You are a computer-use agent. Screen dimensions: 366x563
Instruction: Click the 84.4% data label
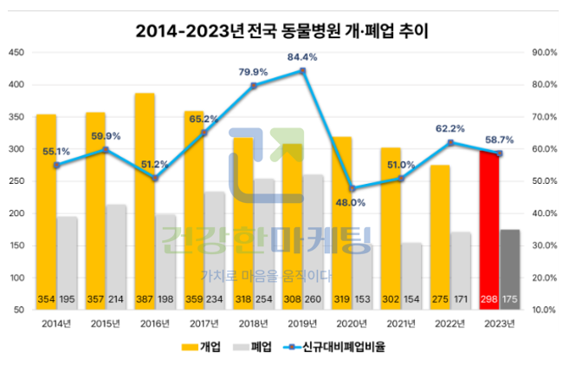point(302,57)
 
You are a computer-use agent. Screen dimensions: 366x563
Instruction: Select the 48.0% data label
point(350,202)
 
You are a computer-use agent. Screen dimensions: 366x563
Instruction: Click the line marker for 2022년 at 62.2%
point(450,142)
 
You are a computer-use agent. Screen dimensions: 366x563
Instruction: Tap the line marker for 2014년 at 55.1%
point(56,165)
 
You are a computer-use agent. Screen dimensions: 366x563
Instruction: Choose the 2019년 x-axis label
point(302,324)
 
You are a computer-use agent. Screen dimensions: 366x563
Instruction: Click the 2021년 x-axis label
point(401,324)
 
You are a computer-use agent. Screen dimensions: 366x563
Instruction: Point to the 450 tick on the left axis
point(16,53)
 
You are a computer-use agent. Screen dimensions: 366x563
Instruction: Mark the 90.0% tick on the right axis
point(543,53)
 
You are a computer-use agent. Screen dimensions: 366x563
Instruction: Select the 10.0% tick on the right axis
point(543,310)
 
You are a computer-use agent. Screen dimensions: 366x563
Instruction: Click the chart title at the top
point(282,31)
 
